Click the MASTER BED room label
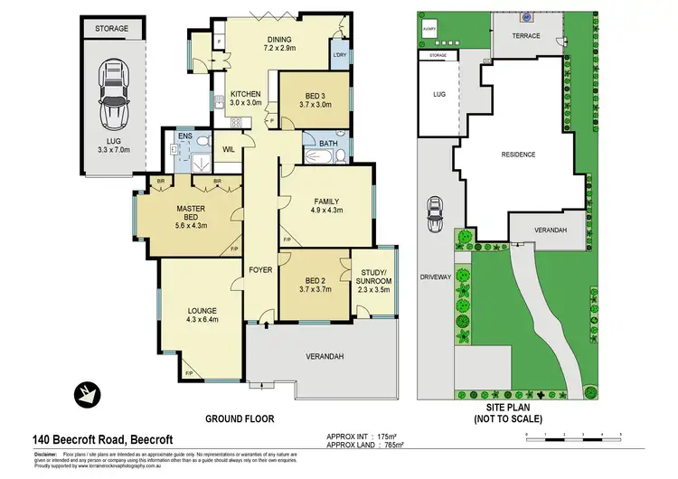click(x=191, y=214)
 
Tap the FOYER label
click(x=261, y=269)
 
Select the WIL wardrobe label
click(x=229, y=148)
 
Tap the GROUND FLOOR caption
click(x=240, y=419)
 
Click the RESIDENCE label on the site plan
click(x=519, y=155)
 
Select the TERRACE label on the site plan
click(x=526, y=35)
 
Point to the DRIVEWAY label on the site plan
click(x=434, y=277)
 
